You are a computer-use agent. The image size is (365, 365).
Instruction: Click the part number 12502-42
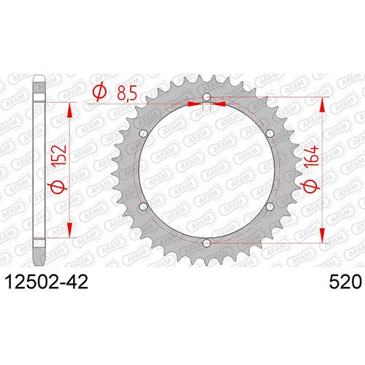point(47,283)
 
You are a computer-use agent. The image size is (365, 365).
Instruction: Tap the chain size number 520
point(345,283)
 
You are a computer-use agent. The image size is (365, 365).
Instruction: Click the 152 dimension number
point(59,155)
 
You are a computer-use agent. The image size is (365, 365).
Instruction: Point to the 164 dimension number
point(311,156)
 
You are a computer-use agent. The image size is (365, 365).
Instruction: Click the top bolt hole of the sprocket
point(207,96)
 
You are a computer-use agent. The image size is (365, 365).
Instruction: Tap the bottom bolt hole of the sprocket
point(207,242)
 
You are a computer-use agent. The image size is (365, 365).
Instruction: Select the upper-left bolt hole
point(144,134)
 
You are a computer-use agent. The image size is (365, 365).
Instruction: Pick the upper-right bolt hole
point(270,133)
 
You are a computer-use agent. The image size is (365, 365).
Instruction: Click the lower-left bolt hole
point(144,207)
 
